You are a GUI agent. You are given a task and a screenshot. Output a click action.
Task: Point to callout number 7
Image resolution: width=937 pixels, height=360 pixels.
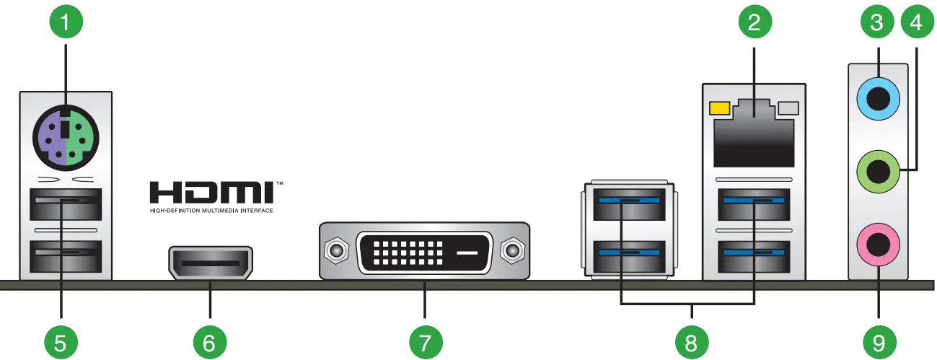tap(425, 338)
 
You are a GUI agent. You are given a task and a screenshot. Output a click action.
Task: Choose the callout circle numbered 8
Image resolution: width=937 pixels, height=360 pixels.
tap(692, 338)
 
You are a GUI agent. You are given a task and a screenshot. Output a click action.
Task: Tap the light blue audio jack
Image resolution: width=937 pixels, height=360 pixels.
tap(878, 96)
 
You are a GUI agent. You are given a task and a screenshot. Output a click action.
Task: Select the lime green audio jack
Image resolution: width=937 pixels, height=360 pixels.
tap(878, 172)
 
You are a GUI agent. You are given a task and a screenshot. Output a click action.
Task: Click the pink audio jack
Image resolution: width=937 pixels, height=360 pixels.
tap(878, 247)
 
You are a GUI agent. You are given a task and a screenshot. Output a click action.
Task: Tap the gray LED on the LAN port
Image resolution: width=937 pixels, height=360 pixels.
tap(790, 108)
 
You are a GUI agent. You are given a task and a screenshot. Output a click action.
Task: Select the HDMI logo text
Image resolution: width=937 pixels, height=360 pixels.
tap(212, 193)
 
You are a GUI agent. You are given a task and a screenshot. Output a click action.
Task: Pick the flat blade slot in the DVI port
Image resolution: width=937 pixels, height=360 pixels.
tap(467, 253)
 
